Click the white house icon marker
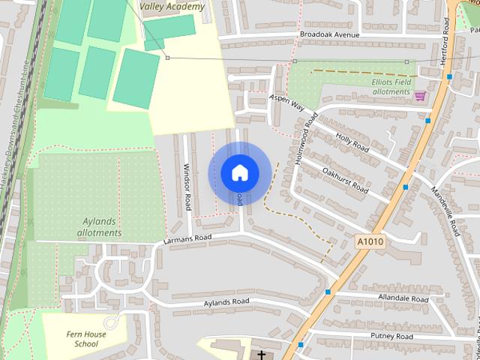[239, 173]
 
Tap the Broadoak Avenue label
[329, 35]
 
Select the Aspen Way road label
[286, 103]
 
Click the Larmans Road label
[187, 238]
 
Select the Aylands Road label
[226, 302]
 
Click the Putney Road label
[393, 337]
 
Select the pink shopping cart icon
[419, 95]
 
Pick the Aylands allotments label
[99, 227]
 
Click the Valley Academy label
[172, 7]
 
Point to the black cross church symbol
[261, 355]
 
